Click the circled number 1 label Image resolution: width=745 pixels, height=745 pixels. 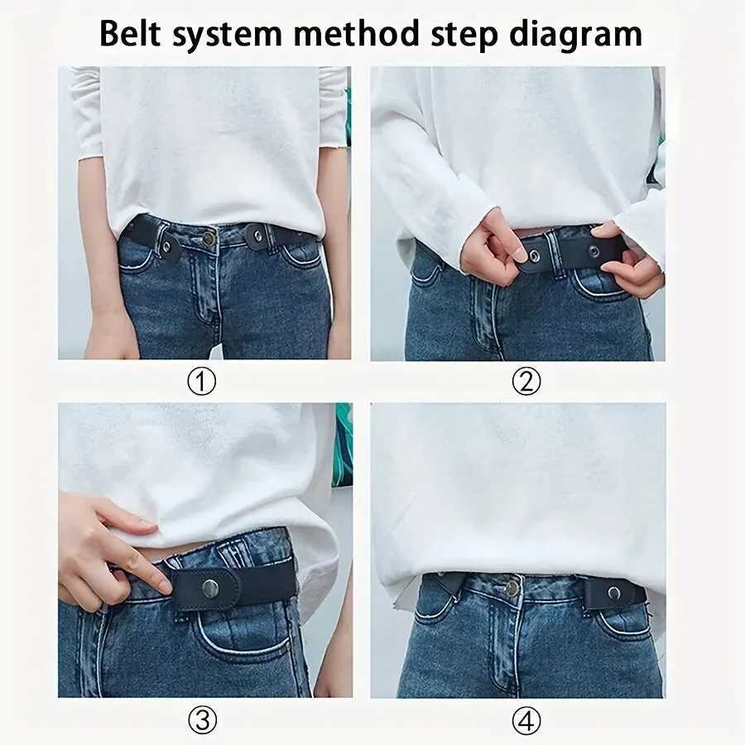coord(203,382)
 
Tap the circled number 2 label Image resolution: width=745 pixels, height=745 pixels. coord(526,382)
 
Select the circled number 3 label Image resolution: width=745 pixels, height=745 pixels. coord(203,721)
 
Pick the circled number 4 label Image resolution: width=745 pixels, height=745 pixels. coord(526,721)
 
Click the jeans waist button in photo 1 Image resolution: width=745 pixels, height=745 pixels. coord(209,238)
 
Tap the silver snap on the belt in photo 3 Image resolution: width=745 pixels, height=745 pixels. coord(211,589)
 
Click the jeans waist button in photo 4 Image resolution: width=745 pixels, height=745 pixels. coord(512,588)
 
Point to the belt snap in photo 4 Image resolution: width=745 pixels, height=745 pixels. coord(614,593)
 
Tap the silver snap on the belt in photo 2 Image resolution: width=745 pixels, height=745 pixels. coord(534,257)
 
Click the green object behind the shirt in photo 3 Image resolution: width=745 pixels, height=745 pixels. coord(343,447)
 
